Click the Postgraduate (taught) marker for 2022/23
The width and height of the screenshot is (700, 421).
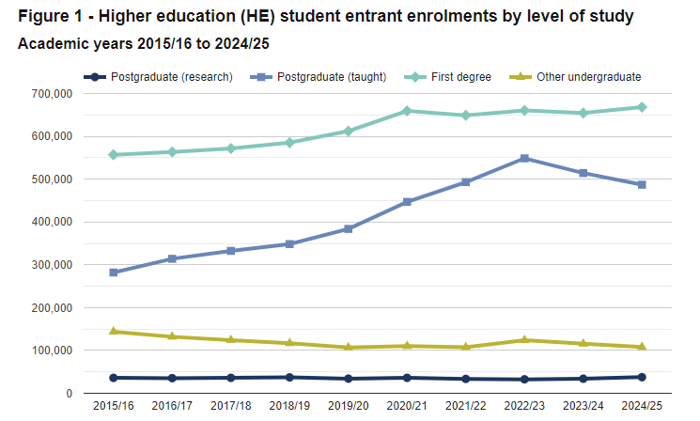point(524,158)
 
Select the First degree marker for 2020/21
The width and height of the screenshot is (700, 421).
point(407,111)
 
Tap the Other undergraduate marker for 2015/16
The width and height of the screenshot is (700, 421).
point(114,331)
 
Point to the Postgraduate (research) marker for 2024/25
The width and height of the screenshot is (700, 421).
point(642,377)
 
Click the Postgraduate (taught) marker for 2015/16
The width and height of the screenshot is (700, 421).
point(114,273)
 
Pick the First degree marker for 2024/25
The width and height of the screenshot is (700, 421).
point(642,107)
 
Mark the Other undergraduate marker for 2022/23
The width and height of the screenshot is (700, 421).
point(524,340)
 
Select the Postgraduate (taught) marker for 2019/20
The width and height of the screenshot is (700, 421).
point(349,228)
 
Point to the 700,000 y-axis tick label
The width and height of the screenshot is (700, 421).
point(51,94)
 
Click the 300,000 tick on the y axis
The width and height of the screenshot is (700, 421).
point(51,265)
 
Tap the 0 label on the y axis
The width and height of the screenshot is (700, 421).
point(70,393)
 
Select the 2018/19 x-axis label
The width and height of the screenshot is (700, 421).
point(289,405)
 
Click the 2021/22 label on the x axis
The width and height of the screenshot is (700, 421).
point(466,405)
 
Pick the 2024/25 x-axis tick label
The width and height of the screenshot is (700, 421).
point(642,405)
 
